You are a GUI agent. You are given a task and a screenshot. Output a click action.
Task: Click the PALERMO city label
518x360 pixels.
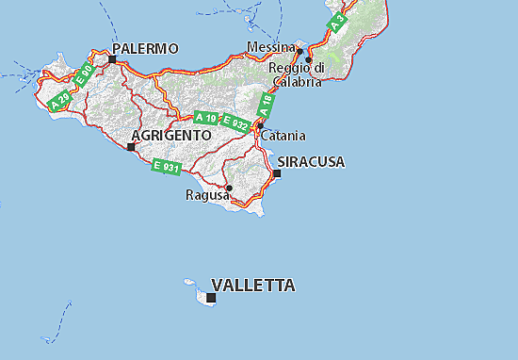pyautogui.click(x=145, y=48)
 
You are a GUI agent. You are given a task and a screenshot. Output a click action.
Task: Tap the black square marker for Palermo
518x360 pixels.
pyautogui.click(x=112, y=59)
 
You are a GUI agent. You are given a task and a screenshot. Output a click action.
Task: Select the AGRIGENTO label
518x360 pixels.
pyautogui.click(x=171, y=136)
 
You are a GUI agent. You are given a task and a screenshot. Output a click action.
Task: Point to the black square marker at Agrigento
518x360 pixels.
pyautogui.click(x=130, y=146)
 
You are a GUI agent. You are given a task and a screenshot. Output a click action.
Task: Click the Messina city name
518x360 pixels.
pyautogui.click(x=270, y=46)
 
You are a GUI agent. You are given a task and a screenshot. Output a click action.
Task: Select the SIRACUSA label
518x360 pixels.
pyautogui.click(x=314, y=162)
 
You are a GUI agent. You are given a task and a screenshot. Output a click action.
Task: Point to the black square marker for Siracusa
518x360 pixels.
pyautogui.click(x=277, y=172)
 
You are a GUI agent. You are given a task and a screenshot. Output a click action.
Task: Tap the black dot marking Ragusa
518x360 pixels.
pyautogui.click(x=229, y=188)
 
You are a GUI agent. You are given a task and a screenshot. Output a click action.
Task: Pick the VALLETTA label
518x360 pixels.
pyautogui.click(x=253, y=285)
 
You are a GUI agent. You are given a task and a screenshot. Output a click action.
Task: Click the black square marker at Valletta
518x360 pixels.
pyautogui.click(x=211, y=298)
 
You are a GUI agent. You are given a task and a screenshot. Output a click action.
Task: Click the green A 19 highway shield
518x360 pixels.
pyautogui.click(x=205, y=118)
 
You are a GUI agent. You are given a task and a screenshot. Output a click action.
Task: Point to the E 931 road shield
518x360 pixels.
pyautogui.click(x=167, y=167)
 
